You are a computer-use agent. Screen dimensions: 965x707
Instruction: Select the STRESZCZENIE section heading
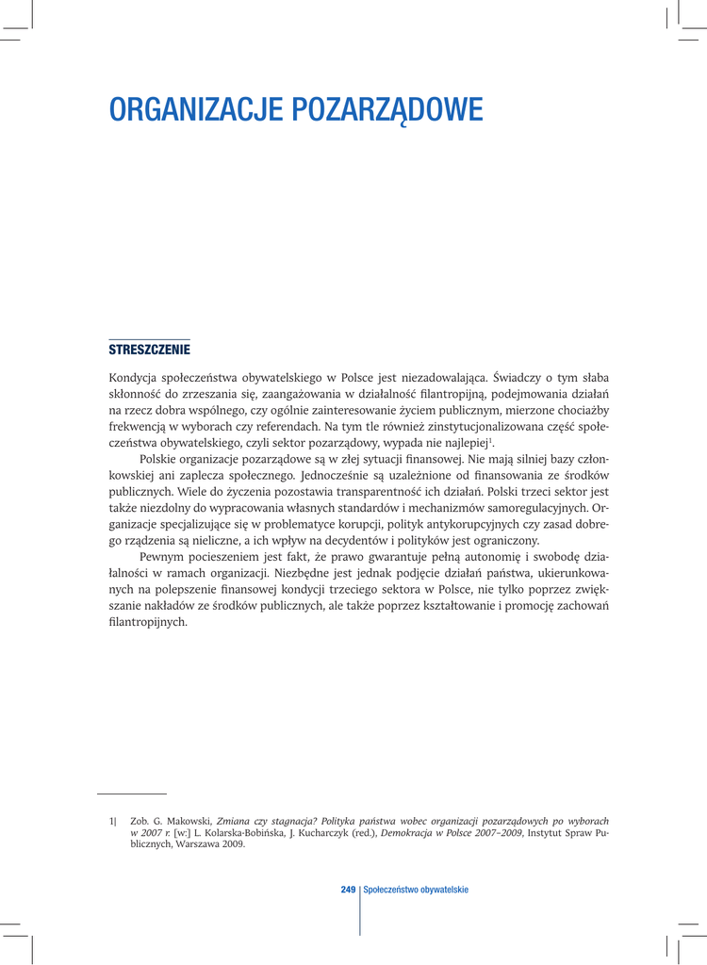pyautogui.click(x=149, y=350)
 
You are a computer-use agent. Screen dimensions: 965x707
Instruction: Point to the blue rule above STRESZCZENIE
pyautogui.click(x=149, y=338)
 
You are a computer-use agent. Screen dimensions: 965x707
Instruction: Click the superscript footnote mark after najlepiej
pyautogui.click(x=492, y=439)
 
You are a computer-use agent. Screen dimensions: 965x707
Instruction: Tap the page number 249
pyautogui.click(x=348, y=890)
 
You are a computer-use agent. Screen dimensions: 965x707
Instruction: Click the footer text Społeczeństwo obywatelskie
pyautogui.click(x=416, y=890)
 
